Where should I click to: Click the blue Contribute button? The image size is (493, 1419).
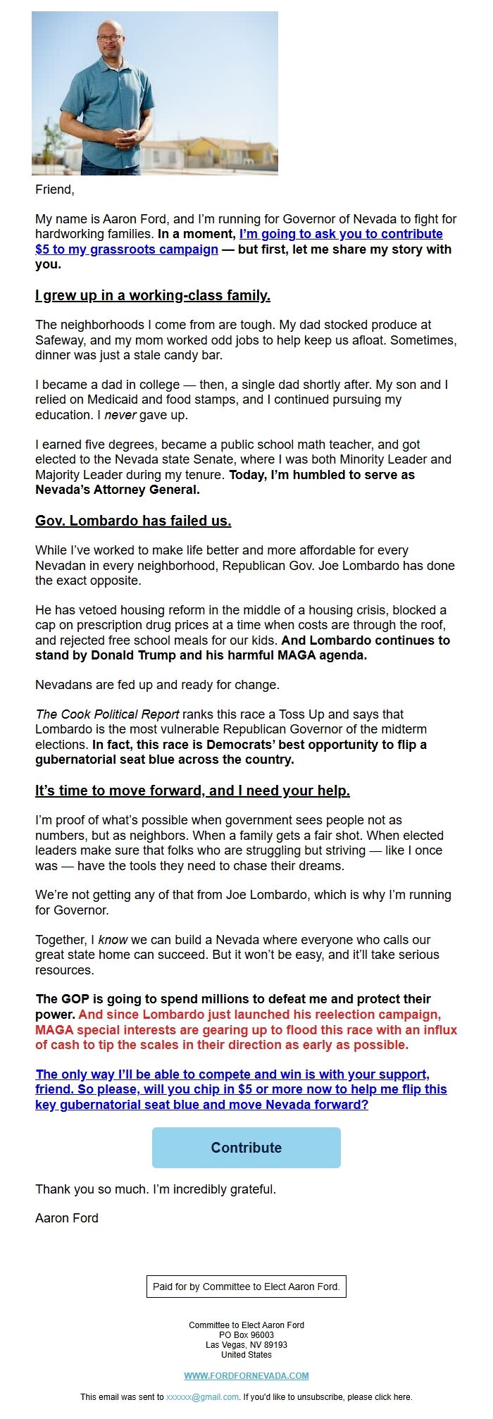point(246,1148)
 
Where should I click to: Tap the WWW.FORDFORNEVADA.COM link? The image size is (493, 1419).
point(246,1375)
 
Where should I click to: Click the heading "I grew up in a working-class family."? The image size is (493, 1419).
point(153,295)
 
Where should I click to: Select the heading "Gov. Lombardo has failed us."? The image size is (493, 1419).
point(133,521)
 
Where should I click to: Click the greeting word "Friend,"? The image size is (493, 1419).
point(55,190)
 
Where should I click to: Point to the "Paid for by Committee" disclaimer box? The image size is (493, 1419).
point(246,1286)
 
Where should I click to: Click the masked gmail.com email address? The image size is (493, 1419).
point(202,1396)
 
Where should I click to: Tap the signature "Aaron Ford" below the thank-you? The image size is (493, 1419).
point(67,1218)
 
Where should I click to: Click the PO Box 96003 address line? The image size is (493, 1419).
point(246,1334)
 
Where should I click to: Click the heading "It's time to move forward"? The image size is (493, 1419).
point(192,791)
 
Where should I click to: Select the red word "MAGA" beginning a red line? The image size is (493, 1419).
point(54,1029)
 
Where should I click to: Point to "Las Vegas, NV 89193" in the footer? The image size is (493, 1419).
point(246,1344)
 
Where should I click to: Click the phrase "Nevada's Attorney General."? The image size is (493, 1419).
point(118,490)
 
